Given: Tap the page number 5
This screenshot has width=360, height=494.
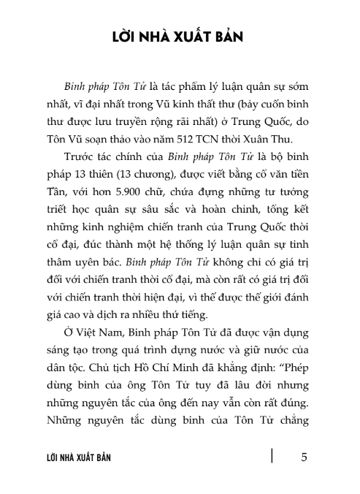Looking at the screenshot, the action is coord(304,457).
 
